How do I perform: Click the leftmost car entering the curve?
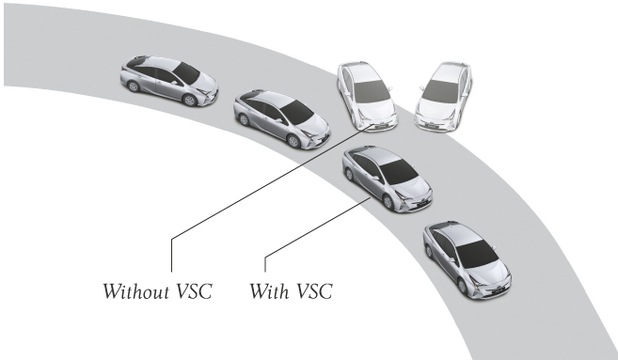tap(168, 80)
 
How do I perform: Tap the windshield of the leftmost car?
tap(187, 72)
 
